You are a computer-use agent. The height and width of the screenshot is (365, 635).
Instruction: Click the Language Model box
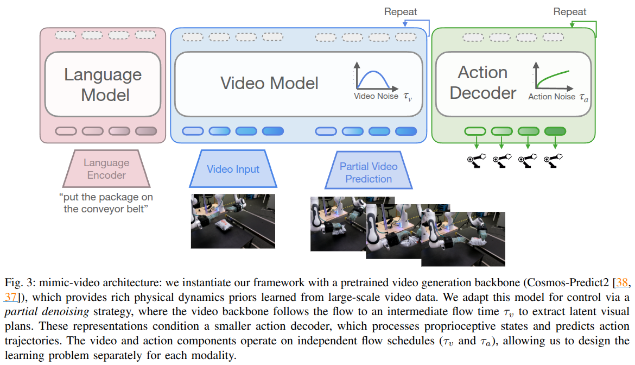pos(103,84)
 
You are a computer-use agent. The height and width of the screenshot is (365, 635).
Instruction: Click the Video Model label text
pos(269,83)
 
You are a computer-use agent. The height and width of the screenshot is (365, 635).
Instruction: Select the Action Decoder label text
pos(482,83)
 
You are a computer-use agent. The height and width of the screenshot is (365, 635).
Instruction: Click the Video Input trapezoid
pos(233,169)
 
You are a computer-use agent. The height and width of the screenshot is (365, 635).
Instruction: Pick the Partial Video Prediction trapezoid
pos(369,172)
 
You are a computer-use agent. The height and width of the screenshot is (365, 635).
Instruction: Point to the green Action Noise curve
pos(554,77)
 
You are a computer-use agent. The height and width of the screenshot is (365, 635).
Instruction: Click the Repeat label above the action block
pos(570,11)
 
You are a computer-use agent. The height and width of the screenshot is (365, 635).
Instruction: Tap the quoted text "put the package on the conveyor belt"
pos(106,202)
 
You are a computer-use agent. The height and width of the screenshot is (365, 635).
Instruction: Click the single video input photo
pos(233,221)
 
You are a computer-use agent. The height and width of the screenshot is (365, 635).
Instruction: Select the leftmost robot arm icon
pos(476,160)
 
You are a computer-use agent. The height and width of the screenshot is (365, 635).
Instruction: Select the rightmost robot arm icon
pos(554,160)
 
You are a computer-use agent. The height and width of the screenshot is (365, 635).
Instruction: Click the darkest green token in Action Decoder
pos(555,131)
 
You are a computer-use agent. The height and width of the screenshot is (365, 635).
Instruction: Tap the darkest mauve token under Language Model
pos(145,131)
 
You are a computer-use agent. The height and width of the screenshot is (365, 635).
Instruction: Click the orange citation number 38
pos(622,284)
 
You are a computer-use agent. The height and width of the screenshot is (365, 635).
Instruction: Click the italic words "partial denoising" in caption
pos(33,312)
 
